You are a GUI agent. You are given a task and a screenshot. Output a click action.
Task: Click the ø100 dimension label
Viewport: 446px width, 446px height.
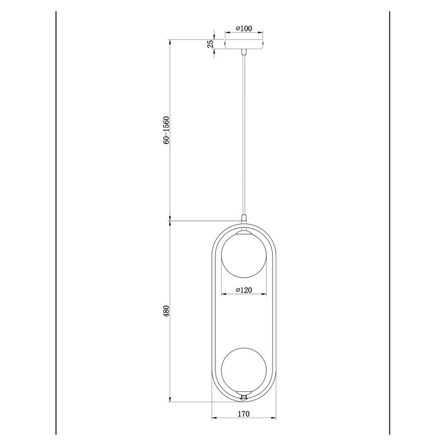(244, 29)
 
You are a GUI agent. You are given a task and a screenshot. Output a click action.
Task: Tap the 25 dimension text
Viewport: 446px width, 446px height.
(210, 44)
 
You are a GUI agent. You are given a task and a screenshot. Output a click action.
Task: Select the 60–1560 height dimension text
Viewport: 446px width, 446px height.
(166, 130)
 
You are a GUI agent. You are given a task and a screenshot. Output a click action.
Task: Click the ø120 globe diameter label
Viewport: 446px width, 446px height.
(244, 290)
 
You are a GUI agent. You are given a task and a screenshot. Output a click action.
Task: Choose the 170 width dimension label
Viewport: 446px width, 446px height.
(244, 413)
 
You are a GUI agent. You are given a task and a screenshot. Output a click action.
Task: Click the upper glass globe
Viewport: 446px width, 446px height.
(244, 255)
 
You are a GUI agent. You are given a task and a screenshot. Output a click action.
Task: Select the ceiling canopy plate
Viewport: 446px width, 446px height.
(244, 44)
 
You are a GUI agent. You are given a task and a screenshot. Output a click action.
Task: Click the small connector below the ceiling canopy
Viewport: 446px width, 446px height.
(244, 52)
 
